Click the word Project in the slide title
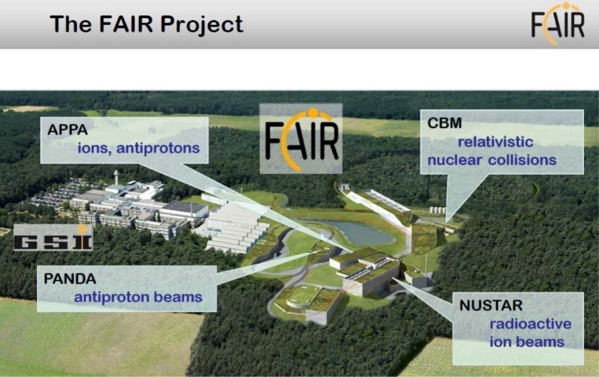pyautogui.click(x=201, y=25)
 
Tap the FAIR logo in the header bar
pyautogui.click(x=557, y=23)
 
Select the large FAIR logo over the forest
pyautogui.click(x=301, y=139)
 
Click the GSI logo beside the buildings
pyautogui.click(x=53, y=238)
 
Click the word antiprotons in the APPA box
pyautogui.click(x=158, y=148)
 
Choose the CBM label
pyautogui.click(x=445, y=123)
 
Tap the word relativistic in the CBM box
pyautogui.click(x=495, y=142)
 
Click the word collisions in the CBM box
pyautogui.click(x=522, y=160)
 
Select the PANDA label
pyautogui.click(x=70, y=279)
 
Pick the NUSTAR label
pyautogui.click(x=491, y=306)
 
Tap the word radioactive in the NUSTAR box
pyautogui.click(x=531, y=324)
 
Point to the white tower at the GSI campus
pyautogui.click(x=116, y=177)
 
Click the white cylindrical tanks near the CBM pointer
pyautogui.click(x=438, y=210)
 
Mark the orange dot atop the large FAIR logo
pyautogui.click(x=313, y=112)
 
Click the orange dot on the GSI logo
pyautogui.click(x=82, y=229)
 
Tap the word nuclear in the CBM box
pyautogui.click(x=454, y=160)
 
